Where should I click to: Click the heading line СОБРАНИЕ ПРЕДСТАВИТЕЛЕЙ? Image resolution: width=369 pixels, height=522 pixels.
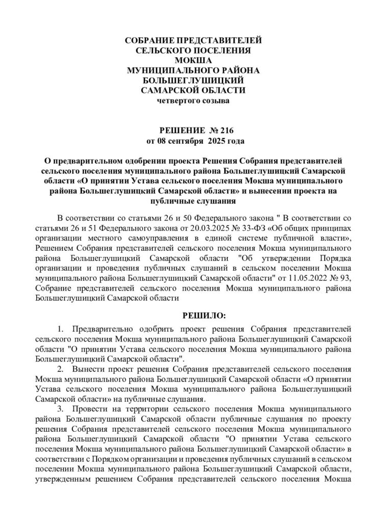click(194, 40)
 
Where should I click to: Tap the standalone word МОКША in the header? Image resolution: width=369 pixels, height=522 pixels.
click(193, 60)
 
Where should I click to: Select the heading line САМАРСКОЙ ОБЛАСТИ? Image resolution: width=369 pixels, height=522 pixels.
click(193, 90)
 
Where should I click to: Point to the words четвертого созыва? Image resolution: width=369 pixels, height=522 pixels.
click(193, 100)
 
